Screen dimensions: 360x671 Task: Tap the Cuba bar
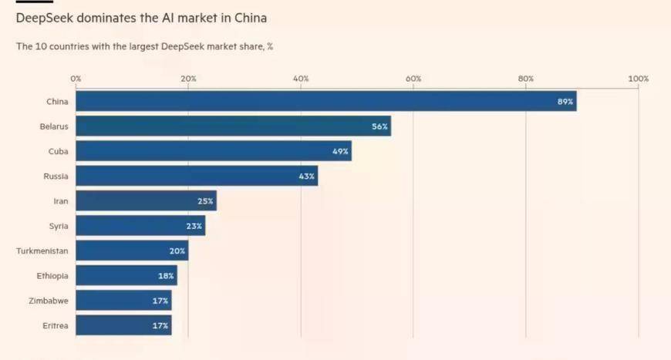coord(213,151)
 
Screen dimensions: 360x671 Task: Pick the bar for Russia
coord(196,176)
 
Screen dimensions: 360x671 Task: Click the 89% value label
coord(565,102)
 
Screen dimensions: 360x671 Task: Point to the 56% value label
coord(379,126)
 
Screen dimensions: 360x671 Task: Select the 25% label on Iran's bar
coord(205,201)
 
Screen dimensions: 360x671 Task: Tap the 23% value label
coord(194,226)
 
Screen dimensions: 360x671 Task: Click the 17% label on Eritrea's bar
coord(160,325)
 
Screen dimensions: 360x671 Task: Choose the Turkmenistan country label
coord(42,251)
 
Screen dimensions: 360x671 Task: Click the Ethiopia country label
coord(52,275)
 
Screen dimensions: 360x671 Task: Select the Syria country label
coord(59,226)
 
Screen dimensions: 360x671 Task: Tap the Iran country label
coord(61,201)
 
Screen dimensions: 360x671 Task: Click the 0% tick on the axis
coord(76,79)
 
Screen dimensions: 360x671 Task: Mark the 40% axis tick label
coord(301,79)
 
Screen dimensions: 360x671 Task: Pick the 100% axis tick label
coord(638,79)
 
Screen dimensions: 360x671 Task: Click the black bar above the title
coord(34,2)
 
